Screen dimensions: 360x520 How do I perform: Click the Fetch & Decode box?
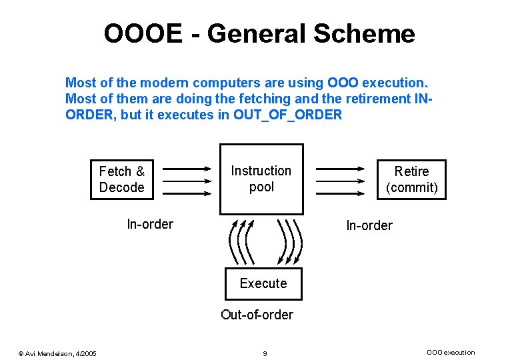pos(121,179)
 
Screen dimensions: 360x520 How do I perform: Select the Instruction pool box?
pos(261,179)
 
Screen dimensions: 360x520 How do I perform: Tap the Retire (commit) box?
pos(412,179)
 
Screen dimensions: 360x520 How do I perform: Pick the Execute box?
pos(263,283)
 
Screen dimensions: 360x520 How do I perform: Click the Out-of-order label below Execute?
pos(257,314)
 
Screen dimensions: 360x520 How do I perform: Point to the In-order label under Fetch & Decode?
pos(149,224)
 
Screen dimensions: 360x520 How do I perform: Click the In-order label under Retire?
pos(369,225)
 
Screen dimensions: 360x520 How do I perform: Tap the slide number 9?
pos(265,353)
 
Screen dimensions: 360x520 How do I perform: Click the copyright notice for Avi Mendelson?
pos(57,353)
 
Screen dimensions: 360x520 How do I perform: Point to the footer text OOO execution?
pos(451,353)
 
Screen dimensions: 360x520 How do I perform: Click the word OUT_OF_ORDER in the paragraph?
pos(288,115)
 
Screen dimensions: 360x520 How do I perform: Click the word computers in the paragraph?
pos(224,83)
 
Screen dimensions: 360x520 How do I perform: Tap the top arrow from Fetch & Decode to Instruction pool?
pos(186,169)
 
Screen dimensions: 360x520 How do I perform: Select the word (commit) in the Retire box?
pos(412,187)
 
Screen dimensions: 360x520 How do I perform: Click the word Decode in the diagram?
pos(121,187)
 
